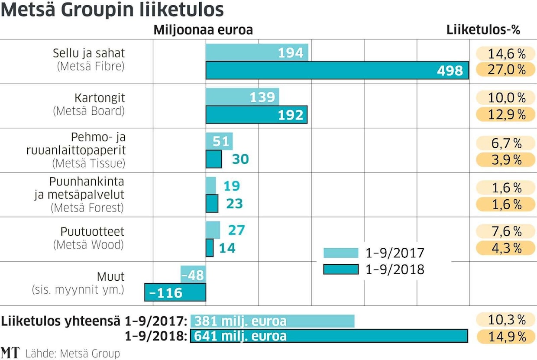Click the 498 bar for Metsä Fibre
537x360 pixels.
(x=337, y=70)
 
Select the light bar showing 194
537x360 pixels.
(x=256, y=52)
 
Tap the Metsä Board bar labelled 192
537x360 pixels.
(x=256, y=115)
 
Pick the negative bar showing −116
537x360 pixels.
(x=175, y=292)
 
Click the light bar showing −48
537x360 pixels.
(x=193, y=275)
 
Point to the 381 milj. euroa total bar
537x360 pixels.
(x=272, y=321)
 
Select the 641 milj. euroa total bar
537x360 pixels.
(x=329, y=336)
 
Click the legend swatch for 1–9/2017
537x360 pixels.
(x=341, y=253)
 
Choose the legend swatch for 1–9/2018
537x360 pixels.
(x=341, y=269)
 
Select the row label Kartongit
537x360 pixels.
(x=100, y=97)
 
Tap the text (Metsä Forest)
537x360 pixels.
(x=87, y=208)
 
